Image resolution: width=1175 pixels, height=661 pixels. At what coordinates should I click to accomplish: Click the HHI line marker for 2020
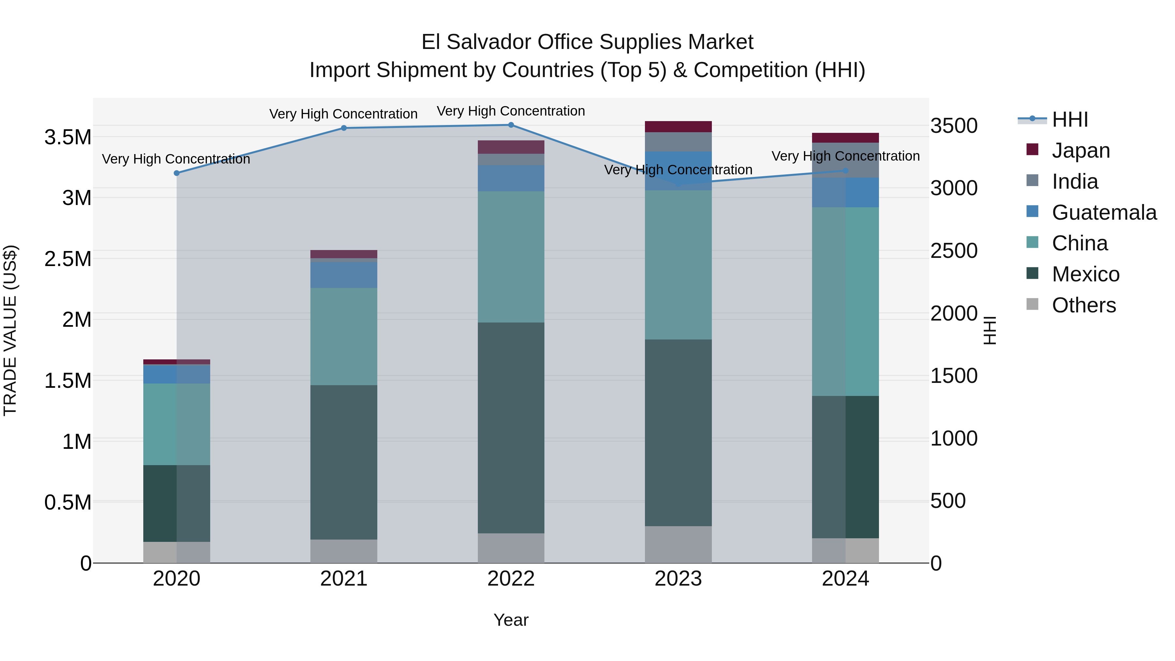tap(177, 173)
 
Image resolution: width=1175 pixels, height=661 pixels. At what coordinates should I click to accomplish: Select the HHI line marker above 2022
tap(511, 125)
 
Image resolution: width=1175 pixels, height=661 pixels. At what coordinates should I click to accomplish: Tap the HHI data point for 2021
tap(344, 128)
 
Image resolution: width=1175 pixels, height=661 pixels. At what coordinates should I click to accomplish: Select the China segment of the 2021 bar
tap(344, 336)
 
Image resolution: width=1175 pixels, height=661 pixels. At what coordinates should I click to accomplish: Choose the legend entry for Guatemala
tap(1104, 212)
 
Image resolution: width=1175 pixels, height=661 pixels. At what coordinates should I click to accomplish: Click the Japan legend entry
tap(1081, 150)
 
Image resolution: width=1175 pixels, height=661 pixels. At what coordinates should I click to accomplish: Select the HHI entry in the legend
tap(1070, 119)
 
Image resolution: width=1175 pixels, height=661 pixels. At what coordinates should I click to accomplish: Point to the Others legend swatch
tap(1032, 304)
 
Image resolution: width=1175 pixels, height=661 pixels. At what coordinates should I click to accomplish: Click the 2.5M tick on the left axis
tap(68, 259)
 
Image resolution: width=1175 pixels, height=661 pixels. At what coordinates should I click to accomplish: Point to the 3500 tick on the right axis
tap(954, 126)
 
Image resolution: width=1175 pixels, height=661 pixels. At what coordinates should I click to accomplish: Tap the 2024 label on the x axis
tap(845, 579)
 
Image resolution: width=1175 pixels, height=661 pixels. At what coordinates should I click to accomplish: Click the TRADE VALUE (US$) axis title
tap(10, 330)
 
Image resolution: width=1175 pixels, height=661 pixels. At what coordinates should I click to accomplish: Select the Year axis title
tap(511, 620)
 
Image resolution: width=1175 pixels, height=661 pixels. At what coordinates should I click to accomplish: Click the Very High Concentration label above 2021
tap(343, 114)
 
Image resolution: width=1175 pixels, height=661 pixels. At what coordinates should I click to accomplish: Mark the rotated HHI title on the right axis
tap(989, 330)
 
